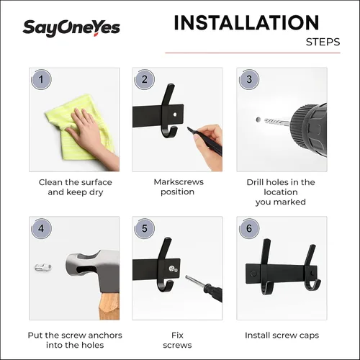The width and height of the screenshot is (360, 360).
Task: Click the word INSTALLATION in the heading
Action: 246,23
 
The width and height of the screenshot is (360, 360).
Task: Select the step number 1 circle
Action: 42,80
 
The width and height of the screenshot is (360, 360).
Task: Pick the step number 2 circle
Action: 145,80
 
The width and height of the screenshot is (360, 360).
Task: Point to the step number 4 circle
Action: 42,230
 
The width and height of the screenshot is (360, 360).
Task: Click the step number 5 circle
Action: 145,230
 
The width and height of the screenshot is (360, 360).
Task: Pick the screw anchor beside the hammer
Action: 44,267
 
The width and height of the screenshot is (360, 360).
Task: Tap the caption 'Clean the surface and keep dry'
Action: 75,187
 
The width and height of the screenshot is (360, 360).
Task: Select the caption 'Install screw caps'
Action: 282,336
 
